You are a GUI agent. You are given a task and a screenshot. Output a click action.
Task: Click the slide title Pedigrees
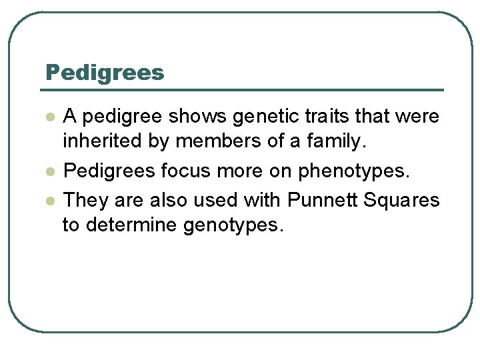105,73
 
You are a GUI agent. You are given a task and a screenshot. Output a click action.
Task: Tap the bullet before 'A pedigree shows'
49,117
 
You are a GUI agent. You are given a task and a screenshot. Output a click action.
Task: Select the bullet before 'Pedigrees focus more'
49,171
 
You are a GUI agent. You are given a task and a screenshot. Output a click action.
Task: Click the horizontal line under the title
244,90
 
